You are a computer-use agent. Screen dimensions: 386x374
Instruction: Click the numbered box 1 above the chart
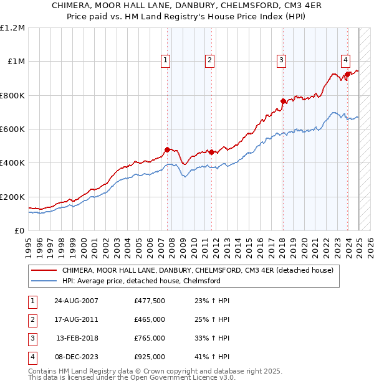[166, 60]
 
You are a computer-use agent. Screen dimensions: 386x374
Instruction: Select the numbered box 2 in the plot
[209, 60]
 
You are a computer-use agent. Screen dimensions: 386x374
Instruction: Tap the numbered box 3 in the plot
[282, 60]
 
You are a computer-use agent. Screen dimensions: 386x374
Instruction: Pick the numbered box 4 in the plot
[345, 60]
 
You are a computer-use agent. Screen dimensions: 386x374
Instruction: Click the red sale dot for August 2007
[167, 149]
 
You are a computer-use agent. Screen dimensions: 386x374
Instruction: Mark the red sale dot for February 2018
[283, 101]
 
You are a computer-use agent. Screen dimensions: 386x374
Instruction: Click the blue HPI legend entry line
[45, 281]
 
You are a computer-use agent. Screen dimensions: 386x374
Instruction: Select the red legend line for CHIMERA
[45, 271]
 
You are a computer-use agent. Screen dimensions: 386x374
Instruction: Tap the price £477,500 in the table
[149, 301]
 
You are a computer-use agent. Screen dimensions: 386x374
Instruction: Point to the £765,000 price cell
[149, 339]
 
